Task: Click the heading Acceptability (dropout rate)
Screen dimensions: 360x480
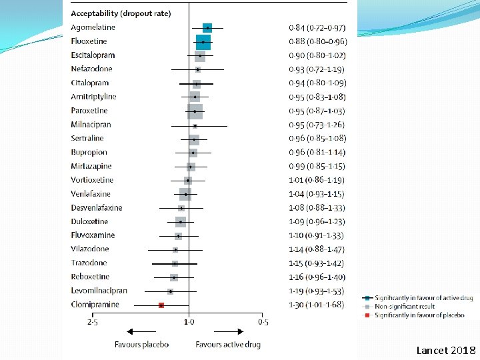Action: pos(121,13)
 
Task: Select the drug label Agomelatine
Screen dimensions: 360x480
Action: pos(93,27)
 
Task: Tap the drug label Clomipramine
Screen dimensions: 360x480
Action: pos(95,305)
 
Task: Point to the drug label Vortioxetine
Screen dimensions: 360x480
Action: pos(93,180)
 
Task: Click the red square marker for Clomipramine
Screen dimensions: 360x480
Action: pos(161,305)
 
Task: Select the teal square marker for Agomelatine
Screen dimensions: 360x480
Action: pos(207,27)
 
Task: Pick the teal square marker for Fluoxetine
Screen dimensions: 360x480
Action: pos(203,41)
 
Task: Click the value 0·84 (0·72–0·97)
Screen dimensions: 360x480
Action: pos(317,27)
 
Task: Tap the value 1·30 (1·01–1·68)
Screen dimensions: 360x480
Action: pos(317,305)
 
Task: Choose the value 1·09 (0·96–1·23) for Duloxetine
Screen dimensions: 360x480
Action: pos(317,221)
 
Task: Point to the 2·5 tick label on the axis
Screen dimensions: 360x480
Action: pos(93,323)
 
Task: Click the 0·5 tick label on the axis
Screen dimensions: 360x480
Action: pos(263,323)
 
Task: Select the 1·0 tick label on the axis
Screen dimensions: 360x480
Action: pos(189,323)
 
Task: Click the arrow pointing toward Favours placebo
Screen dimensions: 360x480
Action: pos(141,331)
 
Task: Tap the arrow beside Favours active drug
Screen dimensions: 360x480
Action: pos(229,331)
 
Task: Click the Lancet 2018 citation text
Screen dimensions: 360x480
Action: pos(446,350)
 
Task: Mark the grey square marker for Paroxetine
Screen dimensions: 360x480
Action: pos(195,111)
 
